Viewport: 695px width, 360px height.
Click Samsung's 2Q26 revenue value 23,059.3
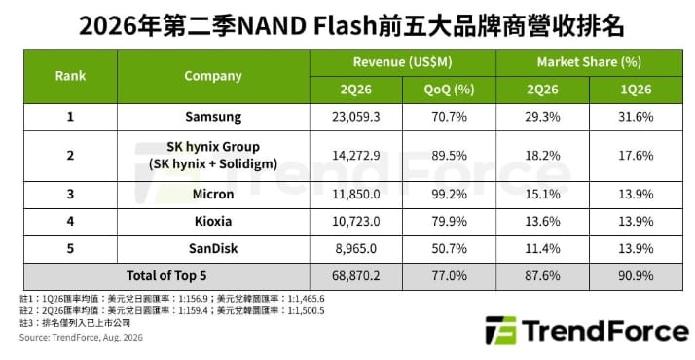[x=355, y=117]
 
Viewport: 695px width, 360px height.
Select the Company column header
[x=213, y=76]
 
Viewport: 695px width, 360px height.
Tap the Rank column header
[x=70, y=76]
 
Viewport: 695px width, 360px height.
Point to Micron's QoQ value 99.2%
[x=449, y=194]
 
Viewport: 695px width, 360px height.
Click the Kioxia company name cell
[x=213, y=221]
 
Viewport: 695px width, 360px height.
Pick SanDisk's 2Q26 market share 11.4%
[x=542, y=248]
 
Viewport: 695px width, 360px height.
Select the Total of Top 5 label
[x=166, y=276]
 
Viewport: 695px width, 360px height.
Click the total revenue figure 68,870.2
[x=355, y=276]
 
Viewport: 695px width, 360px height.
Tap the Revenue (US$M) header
[x=402, y=62]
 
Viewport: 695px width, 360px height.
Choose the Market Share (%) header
[x=589, y=62]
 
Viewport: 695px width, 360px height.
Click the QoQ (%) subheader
[x=449, y=90]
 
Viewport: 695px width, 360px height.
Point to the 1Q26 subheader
[x=636, y=90]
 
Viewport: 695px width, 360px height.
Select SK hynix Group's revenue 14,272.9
[x=355, y=156]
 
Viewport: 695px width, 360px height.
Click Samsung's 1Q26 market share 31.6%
[x=636, y=117]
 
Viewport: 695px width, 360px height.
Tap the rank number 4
[x=70, y=221]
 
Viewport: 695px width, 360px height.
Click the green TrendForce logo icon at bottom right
[x=501, y=331]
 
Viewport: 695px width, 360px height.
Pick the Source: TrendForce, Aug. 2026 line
[x=81, y=338]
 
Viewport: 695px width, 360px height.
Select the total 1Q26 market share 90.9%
[x=636, y=276]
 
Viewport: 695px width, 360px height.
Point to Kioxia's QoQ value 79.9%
[x=449, y=221]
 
